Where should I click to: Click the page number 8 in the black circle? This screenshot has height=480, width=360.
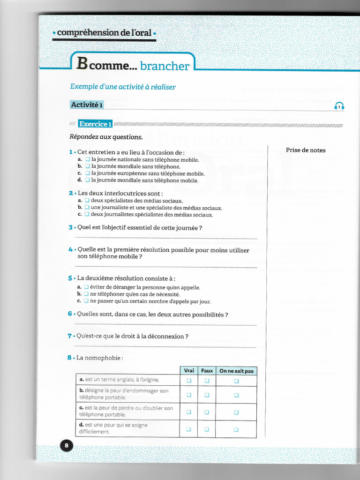(66, 445)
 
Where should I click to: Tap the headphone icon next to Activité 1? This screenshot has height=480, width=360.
(340, 107)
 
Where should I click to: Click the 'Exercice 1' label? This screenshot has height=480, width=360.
(95, 124)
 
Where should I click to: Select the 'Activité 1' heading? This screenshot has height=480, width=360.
(87, 105)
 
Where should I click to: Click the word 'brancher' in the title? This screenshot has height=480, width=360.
(165, 66)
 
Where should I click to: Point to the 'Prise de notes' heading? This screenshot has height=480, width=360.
(306, 150)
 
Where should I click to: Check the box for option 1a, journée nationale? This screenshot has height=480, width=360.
(87, 160)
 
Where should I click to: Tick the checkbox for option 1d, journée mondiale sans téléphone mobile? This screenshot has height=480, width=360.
(87, 180)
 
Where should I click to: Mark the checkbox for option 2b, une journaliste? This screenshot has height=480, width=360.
(87, 208)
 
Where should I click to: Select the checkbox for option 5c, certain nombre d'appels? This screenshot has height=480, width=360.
(86, 301)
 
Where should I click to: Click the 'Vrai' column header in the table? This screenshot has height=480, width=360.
(189, 371)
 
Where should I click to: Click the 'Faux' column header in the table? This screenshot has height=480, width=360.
(207, 371)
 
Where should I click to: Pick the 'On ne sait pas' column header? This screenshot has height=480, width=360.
(236, 371)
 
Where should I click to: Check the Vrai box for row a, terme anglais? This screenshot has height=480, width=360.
(189, 381)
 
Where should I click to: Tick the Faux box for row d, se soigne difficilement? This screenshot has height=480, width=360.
(207, 429)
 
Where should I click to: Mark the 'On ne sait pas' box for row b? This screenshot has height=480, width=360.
(236, 395)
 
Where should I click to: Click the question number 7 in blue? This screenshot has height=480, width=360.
(69, 336)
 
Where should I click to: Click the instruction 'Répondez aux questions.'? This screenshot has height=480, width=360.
(106, 137)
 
